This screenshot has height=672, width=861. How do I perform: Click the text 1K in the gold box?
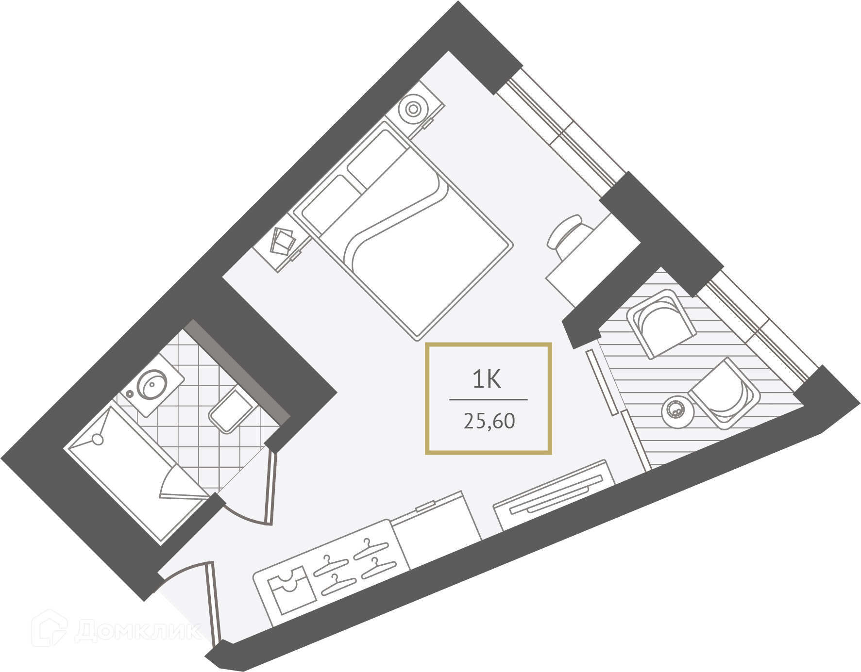[487, 379]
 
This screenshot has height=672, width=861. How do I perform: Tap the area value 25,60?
[489, 421]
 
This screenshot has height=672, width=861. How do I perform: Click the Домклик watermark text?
[138, 630]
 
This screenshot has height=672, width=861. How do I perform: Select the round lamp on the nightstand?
[413, 109]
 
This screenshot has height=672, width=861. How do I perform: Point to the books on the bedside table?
[283, 241]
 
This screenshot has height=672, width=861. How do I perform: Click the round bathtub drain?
[98, 440]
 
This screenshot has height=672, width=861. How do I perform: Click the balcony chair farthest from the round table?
[661, 323]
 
